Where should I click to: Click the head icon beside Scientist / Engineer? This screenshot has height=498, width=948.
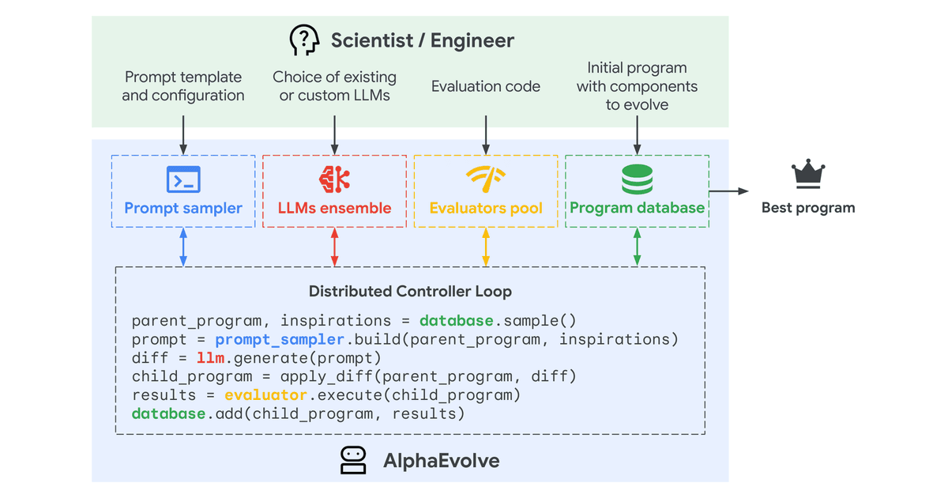(x=304, y=40)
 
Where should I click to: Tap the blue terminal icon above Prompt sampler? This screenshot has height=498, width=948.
(x=183, y=179)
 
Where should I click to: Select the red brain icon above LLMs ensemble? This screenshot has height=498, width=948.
(x=334, y=179)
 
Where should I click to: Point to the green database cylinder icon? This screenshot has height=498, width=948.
(x=637, y=179)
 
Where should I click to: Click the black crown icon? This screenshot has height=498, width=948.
(x=808, y=174)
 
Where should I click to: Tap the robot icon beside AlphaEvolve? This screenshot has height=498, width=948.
(x=353, y=460)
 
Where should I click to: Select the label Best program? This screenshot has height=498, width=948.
(x=808, y=208)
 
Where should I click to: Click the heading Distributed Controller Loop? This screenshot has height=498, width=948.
(x=410, y=292)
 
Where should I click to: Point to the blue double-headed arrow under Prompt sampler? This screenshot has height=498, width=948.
(x=183, y=247)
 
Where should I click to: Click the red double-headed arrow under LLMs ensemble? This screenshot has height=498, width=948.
(x=334, y=247)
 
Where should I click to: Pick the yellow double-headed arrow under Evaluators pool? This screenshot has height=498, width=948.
(x=486, y=247)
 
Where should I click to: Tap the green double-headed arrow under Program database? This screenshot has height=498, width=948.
(x=637, y=247)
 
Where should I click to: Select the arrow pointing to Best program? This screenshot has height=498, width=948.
(x=728, y=191)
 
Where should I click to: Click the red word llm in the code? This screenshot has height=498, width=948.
(x=210, y=358)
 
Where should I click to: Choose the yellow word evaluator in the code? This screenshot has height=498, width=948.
(x=265, y=395)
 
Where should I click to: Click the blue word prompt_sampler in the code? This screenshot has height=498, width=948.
(x=280, y=340)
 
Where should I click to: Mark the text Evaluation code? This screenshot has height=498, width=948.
(x=486, y=86)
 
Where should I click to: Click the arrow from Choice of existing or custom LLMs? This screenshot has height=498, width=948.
(x=334, y=135)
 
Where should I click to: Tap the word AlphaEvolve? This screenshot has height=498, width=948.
(x=442, y=461)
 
